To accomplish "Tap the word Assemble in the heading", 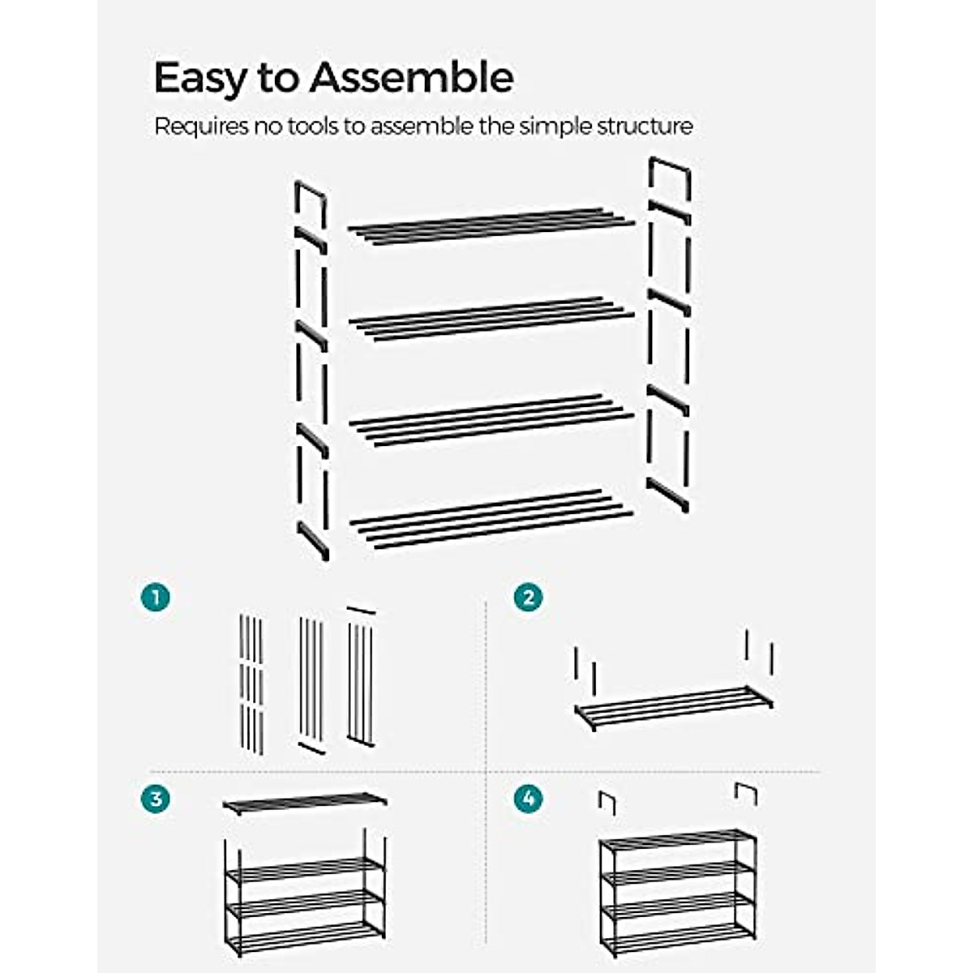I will pos(412,78).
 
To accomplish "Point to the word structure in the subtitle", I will pos(645,127).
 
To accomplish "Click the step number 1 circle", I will pos(155,598).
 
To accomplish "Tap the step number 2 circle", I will pos(529,598).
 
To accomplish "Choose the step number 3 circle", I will pos(155,799).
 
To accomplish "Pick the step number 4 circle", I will pos(529,799).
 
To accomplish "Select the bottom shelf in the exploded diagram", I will pos(491,518).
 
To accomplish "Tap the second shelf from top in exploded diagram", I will pos(491,319).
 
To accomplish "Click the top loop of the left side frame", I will pos(311,195).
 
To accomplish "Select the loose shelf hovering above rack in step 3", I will pos(305,802).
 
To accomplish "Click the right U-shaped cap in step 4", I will pos(746,793).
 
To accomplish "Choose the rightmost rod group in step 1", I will pos(361,677).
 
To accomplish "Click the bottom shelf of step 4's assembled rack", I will pos(679,941).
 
